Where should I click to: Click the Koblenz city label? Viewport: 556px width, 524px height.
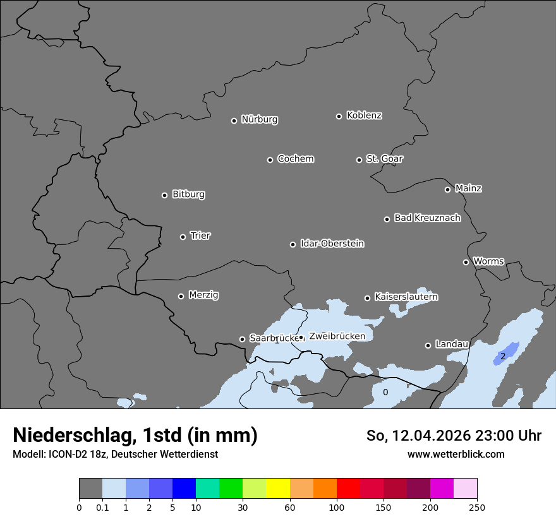pyautogui.click(x=364, y=116)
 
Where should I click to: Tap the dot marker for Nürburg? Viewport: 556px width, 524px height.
pyautogui.click(x=234, y=121)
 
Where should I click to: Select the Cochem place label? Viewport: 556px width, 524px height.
pyautogui.click(x=295, y=159)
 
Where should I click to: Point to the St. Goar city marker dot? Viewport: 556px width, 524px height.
pyautogui.click(x=359, y=160)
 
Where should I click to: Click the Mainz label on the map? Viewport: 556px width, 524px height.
pyautogui.click(x=468, y=188)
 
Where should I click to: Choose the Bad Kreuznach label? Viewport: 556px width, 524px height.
pyautogui.click(x=427, y=218)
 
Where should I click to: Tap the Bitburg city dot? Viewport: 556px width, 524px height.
pyautogui.click(x=164, y=195)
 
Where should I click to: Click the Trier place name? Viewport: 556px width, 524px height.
pyautogui.click(x=200, y=235)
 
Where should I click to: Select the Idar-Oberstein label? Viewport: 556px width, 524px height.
pyautogui.click(x=332, y=244)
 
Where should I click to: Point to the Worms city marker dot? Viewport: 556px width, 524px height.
pyautogui.click(x=466, y=262)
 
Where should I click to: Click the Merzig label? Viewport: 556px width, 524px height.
pyautogui.click(x=203, y=295)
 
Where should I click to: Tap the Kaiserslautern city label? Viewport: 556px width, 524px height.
pyautogui.click(x=406, y=297)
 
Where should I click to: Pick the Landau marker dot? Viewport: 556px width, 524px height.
pyautogui.click(x=428, y=345)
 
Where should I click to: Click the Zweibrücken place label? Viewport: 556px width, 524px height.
pyautogui.click(x=337, y=336)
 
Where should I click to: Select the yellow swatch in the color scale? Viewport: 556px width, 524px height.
pyautogui.click(x=278, y=489)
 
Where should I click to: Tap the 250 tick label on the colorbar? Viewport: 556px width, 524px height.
pyautogui.click(x=477, y=507)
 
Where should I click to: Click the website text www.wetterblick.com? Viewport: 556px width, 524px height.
pyautogui.click(x=456, y=454)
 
